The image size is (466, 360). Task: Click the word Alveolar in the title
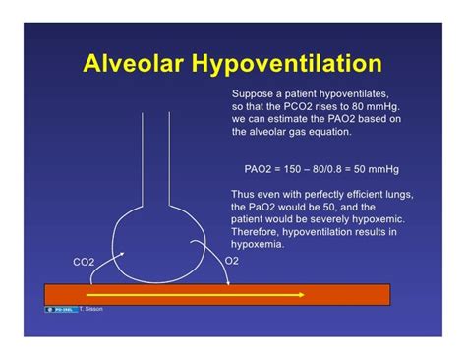pyautogui.click(x=132, y=66)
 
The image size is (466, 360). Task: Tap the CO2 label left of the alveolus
pyautogui.click(x=84, y=263)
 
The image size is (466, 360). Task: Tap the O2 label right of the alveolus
pyautogui.click(x=232, y=261)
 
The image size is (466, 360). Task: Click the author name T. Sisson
pyautogui.click(x=91, y=309)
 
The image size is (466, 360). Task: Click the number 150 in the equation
pyautogui.click(x=294, y=168)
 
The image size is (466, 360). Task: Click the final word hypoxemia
pyautogui.click(x=257, y=244)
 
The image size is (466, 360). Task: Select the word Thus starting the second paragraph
pyautogui.click(x=242, y=194)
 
